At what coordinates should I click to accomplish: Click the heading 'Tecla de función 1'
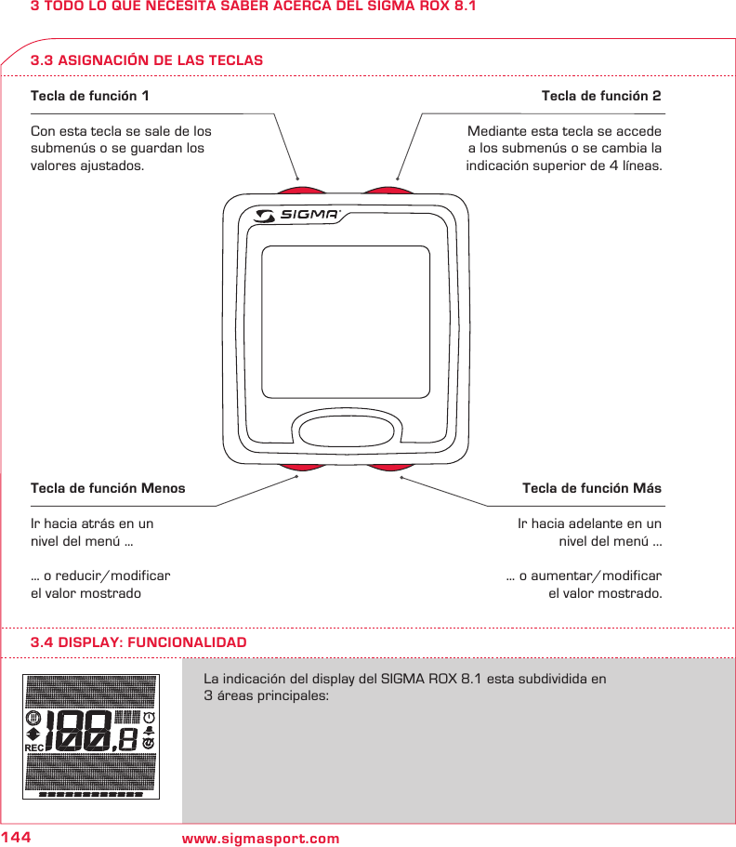coord(89,96)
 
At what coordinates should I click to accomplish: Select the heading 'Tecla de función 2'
coord(601,96)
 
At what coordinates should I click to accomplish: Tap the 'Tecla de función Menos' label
coord(108,488)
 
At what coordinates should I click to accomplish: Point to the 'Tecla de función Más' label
coord(592,488)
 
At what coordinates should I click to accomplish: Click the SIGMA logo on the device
coord(298,216)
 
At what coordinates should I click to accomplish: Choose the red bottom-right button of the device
coord(388,466)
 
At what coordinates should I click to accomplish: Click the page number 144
coord(16,839)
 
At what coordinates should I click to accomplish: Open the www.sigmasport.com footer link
coord(261,840)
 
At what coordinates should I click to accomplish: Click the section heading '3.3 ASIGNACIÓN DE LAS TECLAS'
coord(147,60)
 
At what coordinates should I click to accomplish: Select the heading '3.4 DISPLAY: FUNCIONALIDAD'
coord(138,642)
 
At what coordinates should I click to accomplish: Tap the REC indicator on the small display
coord(34,748)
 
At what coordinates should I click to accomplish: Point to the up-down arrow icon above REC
coord(33,734)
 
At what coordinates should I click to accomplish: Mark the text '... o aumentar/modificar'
coord(584,576)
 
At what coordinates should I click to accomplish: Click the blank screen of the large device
coord(346,322)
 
